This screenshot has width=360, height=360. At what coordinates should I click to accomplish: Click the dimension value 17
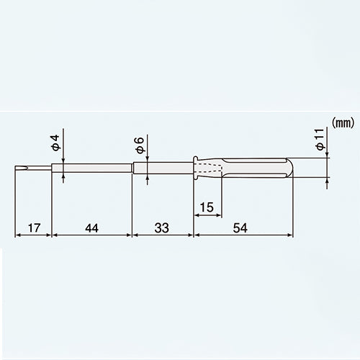pyautogui.click(x=34, y=228)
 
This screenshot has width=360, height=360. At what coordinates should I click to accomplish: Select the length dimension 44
pyautogui.click(x=91, y=228)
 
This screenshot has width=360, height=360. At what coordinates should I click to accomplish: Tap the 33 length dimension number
pyautogui.click(x=162, y=228)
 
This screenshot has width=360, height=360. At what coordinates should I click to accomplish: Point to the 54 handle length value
pyautogui.click(x=240, y=228)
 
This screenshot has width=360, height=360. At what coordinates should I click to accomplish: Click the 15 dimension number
pyautogui.click(x=207, y=207)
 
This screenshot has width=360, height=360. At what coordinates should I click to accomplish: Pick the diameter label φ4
pyautogui.click(x=55, y=143)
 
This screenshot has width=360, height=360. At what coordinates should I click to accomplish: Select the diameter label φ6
pyautogui.click(x=140, y=145)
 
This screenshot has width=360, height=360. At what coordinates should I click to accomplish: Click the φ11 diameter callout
pyautogui.click(x=320, y=139)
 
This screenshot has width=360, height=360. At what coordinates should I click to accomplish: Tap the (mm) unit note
pyautogui.click(x=343, y=123)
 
